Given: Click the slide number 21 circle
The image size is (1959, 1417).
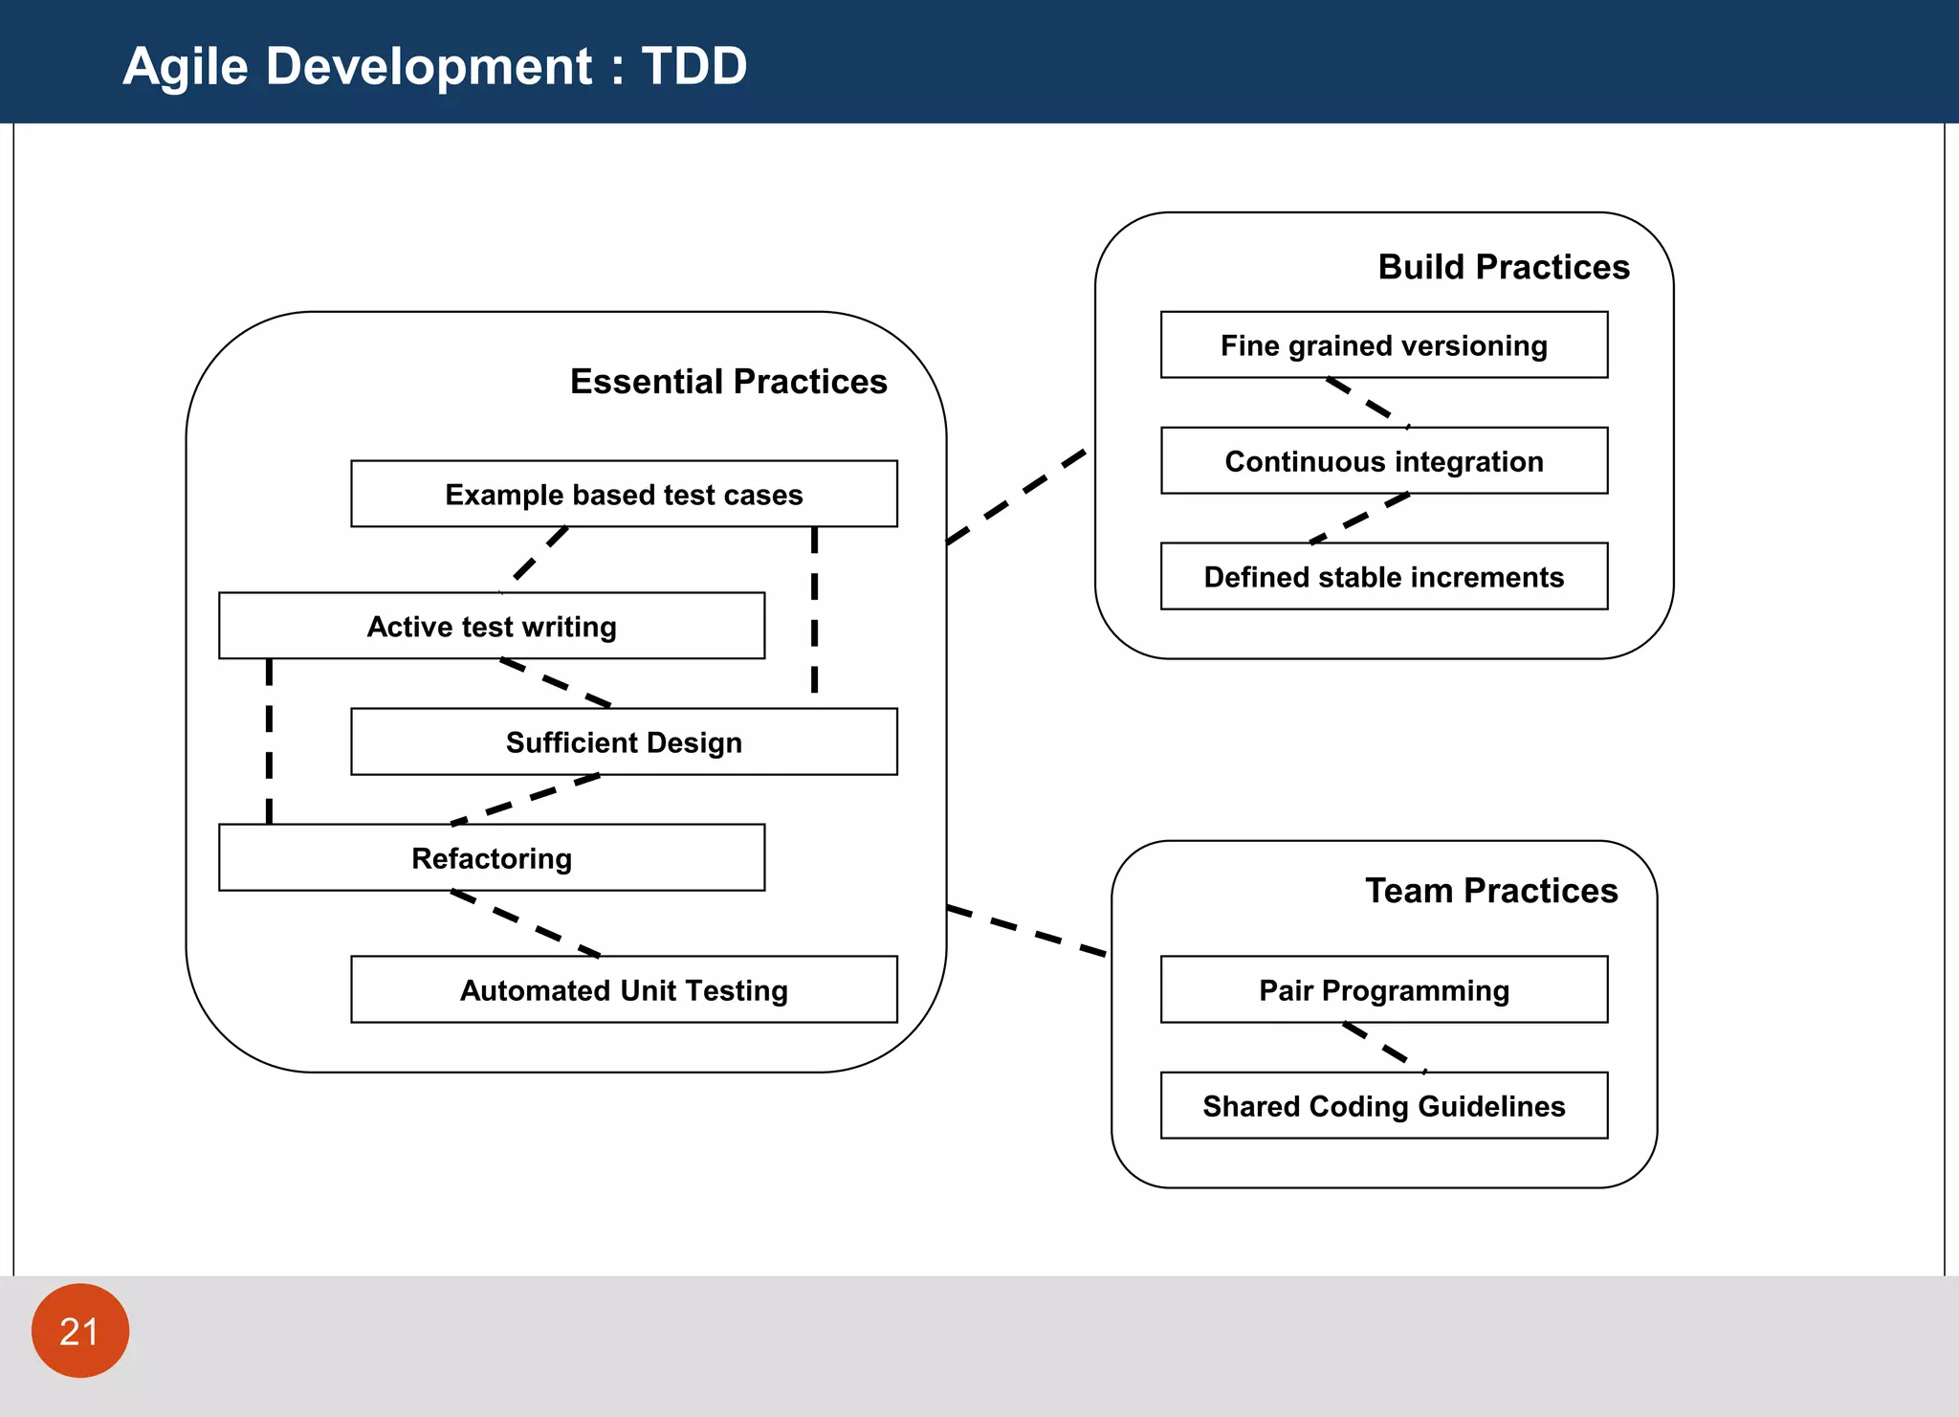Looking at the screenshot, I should [x=79, y=1331].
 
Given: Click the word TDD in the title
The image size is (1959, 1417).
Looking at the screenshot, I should [x=693, y=66].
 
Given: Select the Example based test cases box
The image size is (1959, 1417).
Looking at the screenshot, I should [x=624, y=494].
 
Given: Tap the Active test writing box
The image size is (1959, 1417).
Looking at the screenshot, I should [x=491, y=626].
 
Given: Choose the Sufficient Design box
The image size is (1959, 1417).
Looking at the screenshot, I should [x=624, y=742].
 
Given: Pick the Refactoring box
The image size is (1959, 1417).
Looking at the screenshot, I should [x=491, y=857].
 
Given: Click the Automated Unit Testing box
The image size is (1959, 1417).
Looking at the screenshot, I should [x=624, y=989].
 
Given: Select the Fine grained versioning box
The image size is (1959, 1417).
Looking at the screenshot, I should [x=1383, y=344].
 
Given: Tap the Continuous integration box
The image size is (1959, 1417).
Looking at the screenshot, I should [x=1383, y=460].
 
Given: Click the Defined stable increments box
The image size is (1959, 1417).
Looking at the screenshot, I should [x=1383, y=576].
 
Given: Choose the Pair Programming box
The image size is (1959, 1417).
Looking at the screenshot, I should [x=1383, y=989].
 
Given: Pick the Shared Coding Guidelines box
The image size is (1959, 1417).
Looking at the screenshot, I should [x=1383, y=1105].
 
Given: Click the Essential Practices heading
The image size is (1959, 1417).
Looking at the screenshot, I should [x=728, y=381].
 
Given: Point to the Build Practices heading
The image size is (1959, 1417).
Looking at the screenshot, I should [x=1503, y=266].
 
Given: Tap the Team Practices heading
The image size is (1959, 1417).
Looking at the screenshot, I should [x=1490, y=890].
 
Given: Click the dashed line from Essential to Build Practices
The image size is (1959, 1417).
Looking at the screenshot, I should [x=1016, y=497].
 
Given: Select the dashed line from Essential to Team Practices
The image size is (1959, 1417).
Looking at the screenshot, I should [x=1026, y=931].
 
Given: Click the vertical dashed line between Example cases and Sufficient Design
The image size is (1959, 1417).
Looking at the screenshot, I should [x=814, y=609].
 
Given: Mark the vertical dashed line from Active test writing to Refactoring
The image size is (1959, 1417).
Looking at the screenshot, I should [x=269, y=741].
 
